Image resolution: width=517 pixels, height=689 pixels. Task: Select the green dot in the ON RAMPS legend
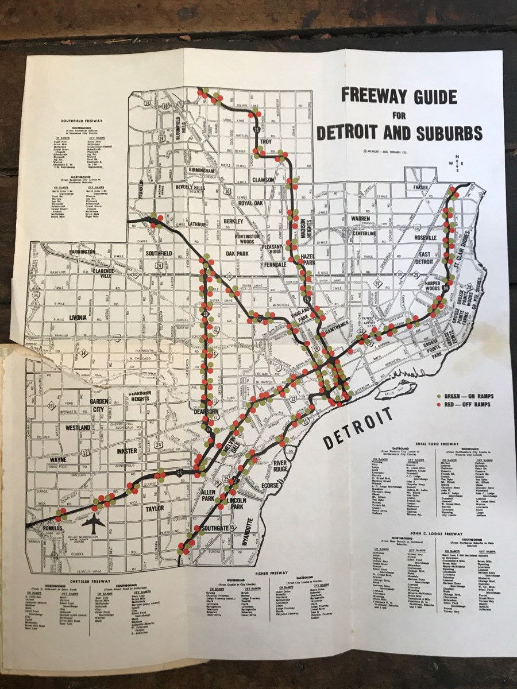coord(439,396)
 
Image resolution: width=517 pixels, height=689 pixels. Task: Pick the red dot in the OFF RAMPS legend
coord(439,405)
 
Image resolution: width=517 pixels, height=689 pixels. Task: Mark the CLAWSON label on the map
coord(262,180)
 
